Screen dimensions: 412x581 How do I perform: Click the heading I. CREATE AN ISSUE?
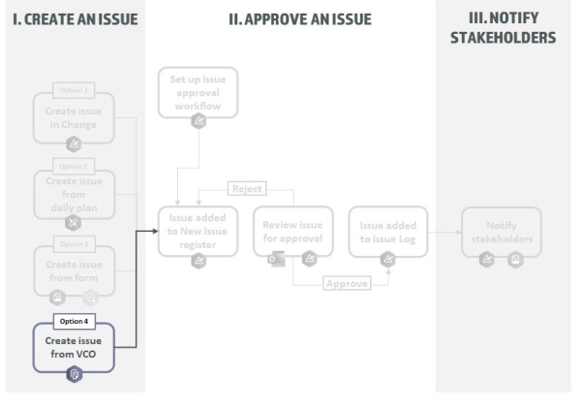(x=73, y=19)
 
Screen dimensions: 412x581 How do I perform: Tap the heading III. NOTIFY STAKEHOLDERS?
(x=503, y=28)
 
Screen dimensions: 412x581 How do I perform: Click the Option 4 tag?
(x=74, y=321)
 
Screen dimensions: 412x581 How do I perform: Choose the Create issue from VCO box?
(x=74, y=347)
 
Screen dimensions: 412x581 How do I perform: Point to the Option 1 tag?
(x=74, y=91)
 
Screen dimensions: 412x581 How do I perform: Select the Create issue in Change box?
(x=74, y=117)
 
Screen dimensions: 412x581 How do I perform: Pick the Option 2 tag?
(x=74, y=167)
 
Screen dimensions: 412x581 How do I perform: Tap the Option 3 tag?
(x=74, y=242)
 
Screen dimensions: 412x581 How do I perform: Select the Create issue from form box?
(x=74, y=269)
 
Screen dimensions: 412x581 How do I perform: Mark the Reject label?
(x=247, y=188)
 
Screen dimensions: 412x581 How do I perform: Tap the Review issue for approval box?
(x=293, y=231)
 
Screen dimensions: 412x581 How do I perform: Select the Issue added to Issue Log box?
(x=387, y=231)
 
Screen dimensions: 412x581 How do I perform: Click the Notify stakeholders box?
(x=500, y=232)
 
